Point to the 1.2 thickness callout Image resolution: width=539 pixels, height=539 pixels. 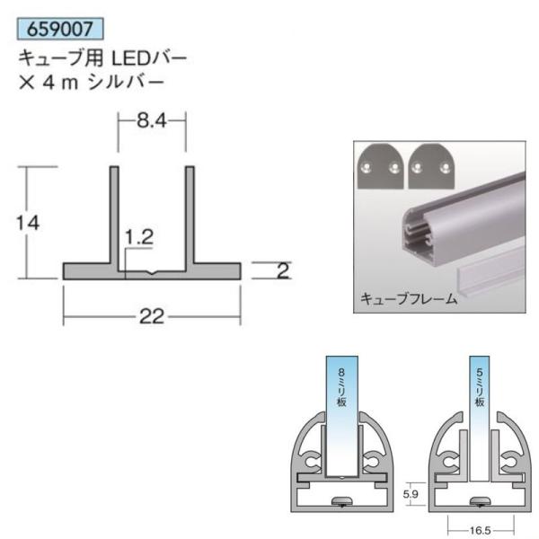[x=139, y=237]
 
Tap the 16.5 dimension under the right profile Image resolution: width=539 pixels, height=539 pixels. [x=481, y=531]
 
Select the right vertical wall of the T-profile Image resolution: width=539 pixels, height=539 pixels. [x=190, y=216]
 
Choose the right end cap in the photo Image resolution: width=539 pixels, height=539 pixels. [x=429, y=168]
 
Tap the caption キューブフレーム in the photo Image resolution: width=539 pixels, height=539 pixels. [x=409, y=299]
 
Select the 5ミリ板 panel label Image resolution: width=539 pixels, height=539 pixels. [x=481, y=386]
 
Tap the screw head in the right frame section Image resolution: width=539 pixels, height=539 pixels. [x=481, y=502]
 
